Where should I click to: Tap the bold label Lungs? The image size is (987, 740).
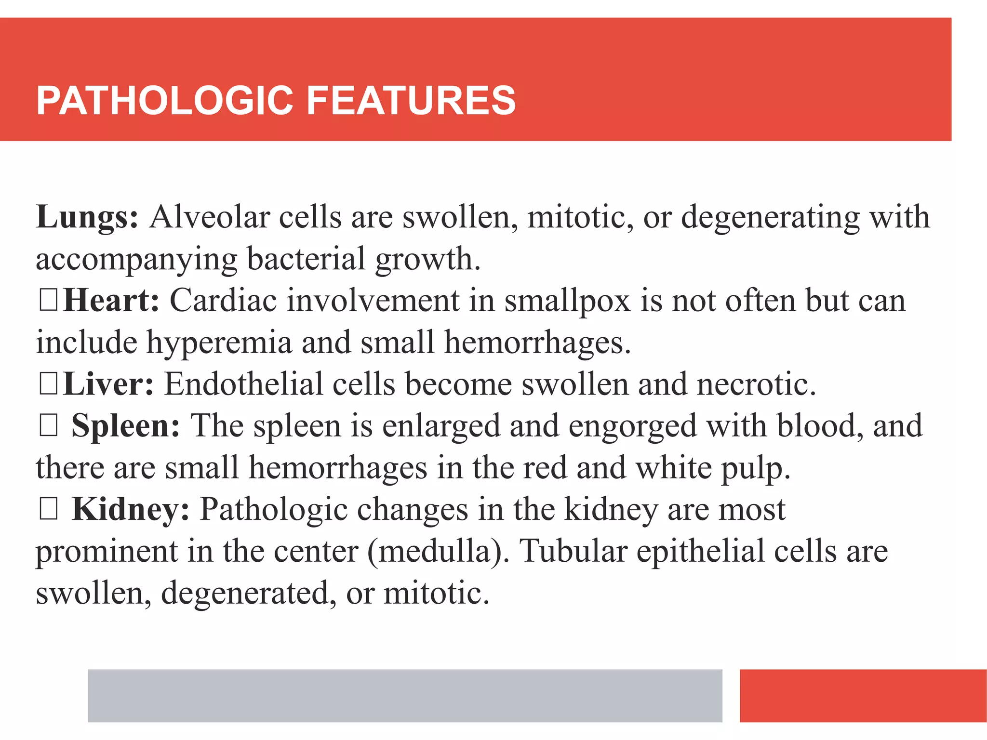click(87, 217)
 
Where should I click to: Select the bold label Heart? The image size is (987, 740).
click(111, 301)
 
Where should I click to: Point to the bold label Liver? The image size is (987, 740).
click(108, 384)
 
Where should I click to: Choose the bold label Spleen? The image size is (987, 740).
click(126, 426)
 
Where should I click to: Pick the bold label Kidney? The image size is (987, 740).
click(131, 510)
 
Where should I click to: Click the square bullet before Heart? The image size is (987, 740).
click(49, 301)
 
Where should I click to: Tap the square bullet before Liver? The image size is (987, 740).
click(49, 384)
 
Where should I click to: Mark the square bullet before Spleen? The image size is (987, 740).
click(49, 426)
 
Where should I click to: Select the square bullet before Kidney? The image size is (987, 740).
click(49, 510)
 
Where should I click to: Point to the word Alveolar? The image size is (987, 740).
click(209, 217)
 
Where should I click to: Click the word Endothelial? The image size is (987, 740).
click(243, 384)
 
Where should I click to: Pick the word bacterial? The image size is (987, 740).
click(306, 259)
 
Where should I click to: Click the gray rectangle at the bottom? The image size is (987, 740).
click(405, 695)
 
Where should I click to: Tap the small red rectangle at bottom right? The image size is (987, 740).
click(863, 695)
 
